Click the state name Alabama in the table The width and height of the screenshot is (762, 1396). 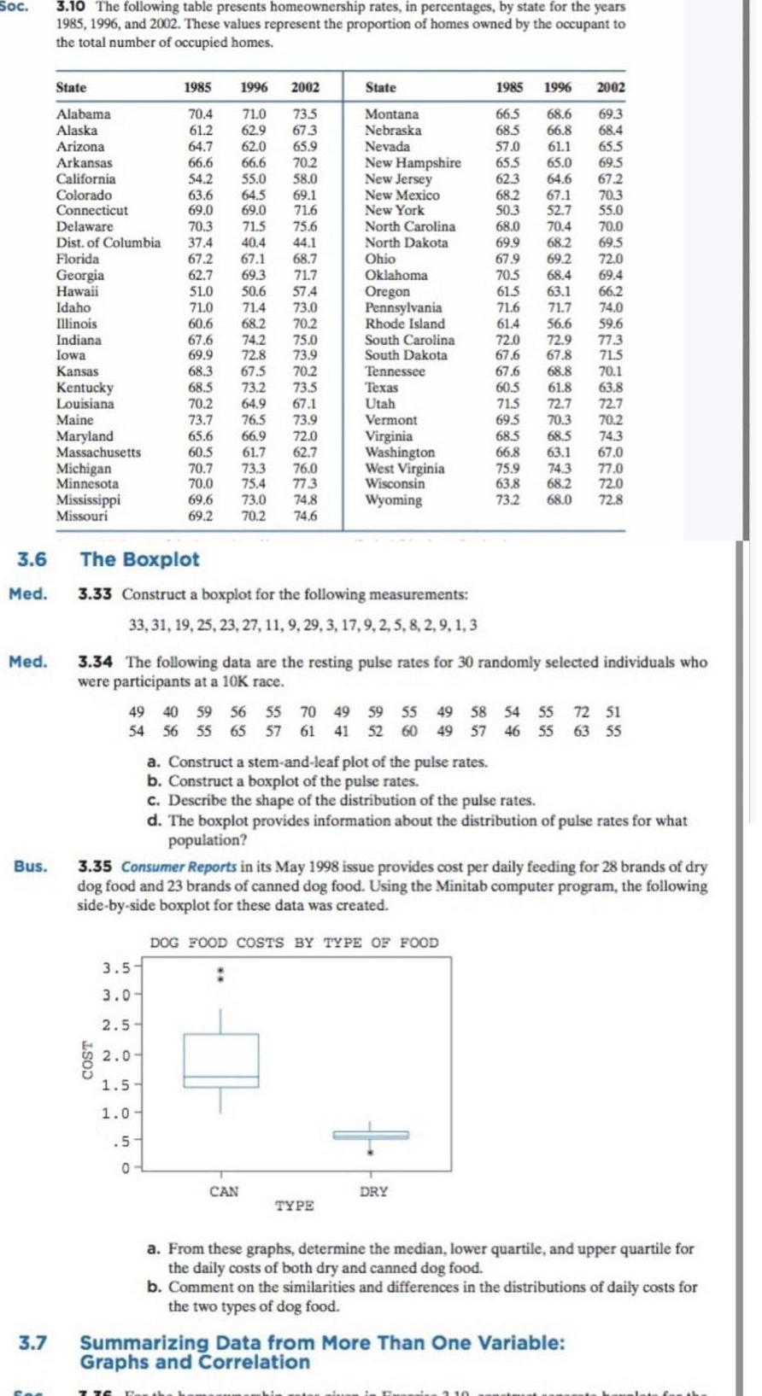pyautogui.click(x=83, y=114)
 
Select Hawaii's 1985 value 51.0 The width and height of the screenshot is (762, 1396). pyautogui.click(x=201, y=291)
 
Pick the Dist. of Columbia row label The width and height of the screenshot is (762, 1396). pyautogui.click(x=108, y=242)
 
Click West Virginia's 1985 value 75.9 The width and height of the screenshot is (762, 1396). pyautogui.click(x=507, y=468)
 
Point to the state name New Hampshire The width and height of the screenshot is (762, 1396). pyautogui.click(x=413, y=162)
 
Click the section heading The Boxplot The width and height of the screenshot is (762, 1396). pyautogui.click(x=139, y=559)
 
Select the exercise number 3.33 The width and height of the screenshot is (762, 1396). pyautogui.click(x=95, y=594)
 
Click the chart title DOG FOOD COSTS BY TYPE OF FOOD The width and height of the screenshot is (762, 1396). pyautogui.click(x=294, y=943)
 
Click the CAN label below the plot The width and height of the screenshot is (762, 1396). pyautogui.click(x=224, y=1191)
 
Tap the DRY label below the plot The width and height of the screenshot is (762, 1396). pyautogui.click(x=373, y=1191)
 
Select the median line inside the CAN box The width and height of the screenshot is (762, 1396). pyautogui.click(x=221, y=1078)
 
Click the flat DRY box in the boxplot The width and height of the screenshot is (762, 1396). pyautogui.click(x=370, y=1135)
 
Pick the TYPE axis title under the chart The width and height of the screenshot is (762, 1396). pyautogui.click(x=295, y=1206)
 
